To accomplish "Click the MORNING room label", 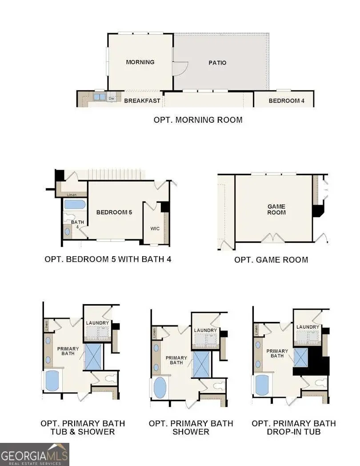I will (140, 62).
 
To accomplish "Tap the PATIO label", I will (217, 63).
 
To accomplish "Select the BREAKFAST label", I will (142, 101).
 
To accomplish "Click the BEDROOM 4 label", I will (286, 101).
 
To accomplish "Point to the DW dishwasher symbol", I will (112, 98).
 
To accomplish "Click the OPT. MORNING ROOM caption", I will (198, 120).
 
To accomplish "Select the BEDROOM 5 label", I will (114, 213).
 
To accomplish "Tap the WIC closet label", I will (155, 229).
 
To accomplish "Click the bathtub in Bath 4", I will (75, 205).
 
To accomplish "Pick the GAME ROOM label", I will (276, 209).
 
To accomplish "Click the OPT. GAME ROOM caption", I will (271, 260).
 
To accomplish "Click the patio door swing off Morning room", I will (180, 68).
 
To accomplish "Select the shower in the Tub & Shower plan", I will (93, 356).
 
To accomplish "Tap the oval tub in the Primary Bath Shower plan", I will (159, 388).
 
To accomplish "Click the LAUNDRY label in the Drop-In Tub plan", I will (308, 327).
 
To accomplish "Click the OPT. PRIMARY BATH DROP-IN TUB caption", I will (294, 427).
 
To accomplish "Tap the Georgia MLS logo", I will (34, 454).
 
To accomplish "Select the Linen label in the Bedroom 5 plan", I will (72, 195).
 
